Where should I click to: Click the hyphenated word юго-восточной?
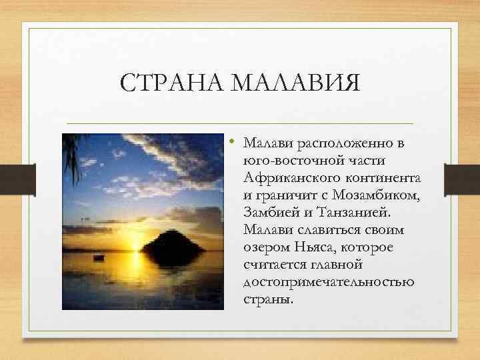pos(291,161)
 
